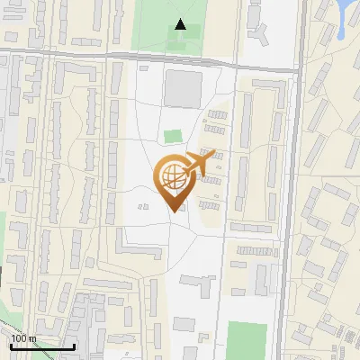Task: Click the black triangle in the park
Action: (x=181, y=25)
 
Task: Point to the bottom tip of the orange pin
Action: (x=173, y=211)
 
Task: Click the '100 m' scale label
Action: (x=23, y=338)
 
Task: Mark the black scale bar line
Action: (x=42, y=346)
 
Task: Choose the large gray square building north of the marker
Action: (x=183, y=88)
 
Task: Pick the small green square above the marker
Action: (x=172, y=136)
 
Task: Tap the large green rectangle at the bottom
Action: (x=247, y=339)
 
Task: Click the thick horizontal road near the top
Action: (x=135, y=58)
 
